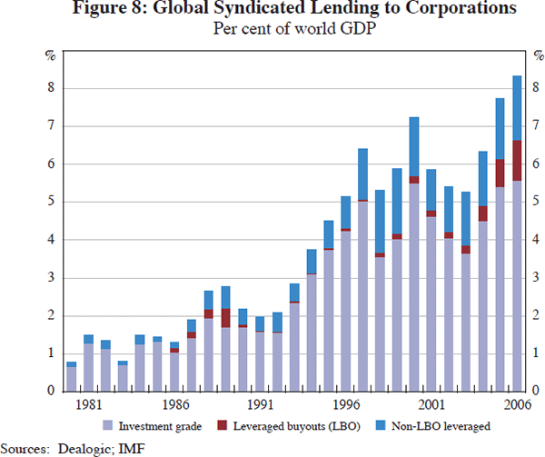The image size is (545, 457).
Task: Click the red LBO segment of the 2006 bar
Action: point(517,161)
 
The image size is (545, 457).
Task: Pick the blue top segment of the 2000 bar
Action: point(413,146)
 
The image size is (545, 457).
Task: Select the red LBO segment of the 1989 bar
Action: point(225,318)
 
